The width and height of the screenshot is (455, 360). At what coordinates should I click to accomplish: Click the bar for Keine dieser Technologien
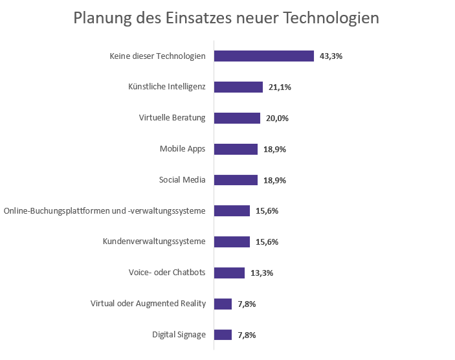[264, 56]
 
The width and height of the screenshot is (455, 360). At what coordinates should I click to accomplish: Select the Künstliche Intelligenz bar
[238, 87]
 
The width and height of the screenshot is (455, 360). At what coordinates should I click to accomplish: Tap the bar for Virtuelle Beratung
[237, 118]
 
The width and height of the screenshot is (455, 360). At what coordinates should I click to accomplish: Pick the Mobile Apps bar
[236, 149]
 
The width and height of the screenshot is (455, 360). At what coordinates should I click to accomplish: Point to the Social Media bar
[236, 180]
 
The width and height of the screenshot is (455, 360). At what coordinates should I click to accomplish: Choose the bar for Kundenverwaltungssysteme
[232, 242]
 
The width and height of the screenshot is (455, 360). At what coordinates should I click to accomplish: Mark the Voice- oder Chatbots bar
[229, 273]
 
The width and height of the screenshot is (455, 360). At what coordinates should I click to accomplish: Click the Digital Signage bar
[223, 335]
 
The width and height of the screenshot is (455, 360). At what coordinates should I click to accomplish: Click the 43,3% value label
[331, 56]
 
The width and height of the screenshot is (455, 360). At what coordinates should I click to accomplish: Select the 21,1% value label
[280, 87]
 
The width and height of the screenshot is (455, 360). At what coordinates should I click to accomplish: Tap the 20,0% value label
[277, 118]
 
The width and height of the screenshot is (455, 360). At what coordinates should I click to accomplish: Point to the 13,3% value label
[261, 273]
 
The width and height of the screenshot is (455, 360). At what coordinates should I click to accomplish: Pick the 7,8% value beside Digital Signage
[247, 335]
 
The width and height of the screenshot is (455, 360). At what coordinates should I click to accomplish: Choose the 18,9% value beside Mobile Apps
[274, 150]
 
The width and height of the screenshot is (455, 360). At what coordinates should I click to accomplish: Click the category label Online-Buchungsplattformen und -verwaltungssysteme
[105, 211]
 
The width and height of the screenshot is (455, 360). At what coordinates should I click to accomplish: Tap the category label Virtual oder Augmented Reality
[148, 304]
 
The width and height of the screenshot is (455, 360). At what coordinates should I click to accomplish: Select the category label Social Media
[182, 180]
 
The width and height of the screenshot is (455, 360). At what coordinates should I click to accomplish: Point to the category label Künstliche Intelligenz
[167, 87]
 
